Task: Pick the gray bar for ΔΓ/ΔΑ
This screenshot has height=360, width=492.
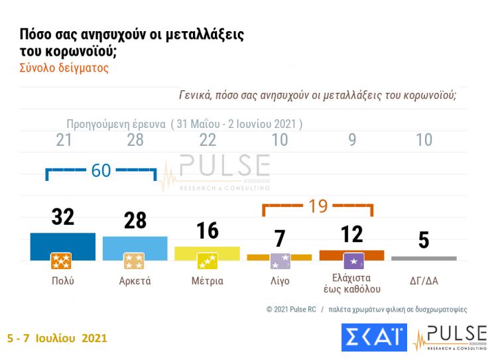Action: pyautogui.click(x=424, y=258)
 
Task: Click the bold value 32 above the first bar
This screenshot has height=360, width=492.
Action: pyautogui.click(x=63, y=217)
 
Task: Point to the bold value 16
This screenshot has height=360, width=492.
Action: pyautogui.click(x=208, y=230)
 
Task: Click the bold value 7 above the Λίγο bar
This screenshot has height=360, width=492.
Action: pyautogui.click(x=279, y=238)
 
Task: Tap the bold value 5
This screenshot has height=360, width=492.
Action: pyautogui.click(x=424, y=240)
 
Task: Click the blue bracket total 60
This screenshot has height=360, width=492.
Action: pyautogui.click(x=101, y=170)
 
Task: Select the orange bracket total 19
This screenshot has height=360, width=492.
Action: pyautogui.click(x=318, y=206)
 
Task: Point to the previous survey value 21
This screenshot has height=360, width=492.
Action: pyautogui.click(x=64, y=140)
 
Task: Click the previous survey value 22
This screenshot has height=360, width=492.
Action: pyautogui.click(x=208, y=140)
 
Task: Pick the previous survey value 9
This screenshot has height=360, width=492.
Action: pyautogui.click(x=352, y=140)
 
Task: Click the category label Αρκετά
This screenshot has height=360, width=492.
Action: pyautogui.click(x=135, y=280)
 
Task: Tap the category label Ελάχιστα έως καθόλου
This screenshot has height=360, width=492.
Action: pyautogui.click(x=351, y=283)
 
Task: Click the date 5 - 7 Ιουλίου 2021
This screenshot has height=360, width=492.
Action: pyautogui.click(x=56, y=337)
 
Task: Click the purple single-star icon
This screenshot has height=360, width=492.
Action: pyautogui.click(x=351, y=261)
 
